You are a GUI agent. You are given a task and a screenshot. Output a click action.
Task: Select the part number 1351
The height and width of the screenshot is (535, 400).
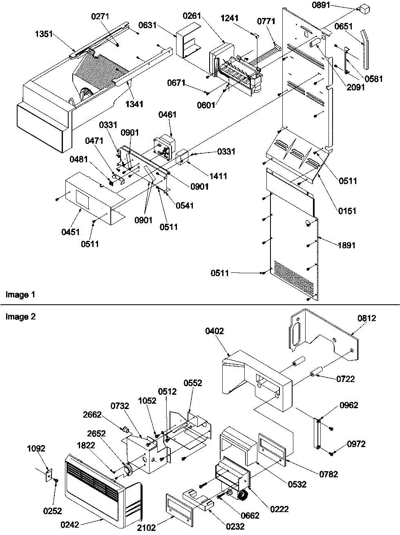[43, 34]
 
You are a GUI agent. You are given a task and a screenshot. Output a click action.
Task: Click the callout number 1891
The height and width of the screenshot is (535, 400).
[346, 245]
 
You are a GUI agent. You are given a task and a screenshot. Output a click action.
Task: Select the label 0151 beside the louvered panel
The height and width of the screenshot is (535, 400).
[347, 211]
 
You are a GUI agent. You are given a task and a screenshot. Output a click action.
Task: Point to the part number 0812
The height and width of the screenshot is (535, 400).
[366, 318]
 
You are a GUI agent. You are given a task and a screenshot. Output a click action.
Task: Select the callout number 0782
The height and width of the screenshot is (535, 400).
[328, 474]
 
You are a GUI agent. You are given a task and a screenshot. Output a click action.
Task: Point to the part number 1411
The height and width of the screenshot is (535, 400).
[218, 176]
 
